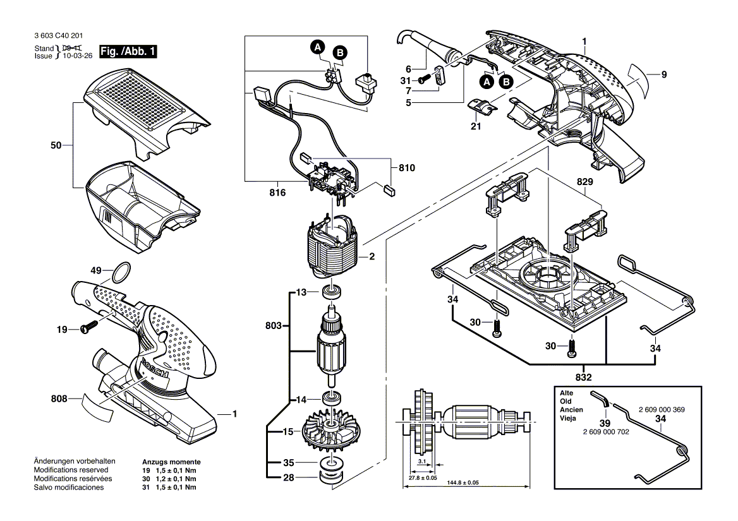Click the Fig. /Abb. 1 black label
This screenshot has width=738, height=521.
(128, 51)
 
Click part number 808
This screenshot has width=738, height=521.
(59, 398)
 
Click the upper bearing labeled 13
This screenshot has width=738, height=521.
(331, 292)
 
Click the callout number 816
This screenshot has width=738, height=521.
(277, 193)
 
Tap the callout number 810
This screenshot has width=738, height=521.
(407, 168)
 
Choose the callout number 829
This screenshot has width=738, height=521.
(584, 181)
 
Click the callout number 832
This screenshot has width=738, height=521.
(584, 377)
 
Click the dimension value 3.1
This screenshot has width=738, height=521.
(422, 461)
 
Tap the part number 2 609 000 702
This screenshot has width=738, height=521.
(606, 432)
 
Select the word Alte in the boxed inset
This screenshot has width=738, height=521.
(567, 393)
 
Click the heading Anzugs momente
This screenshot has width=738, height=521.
(171, 462)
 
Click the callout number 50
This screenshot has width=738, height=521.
(56, 146)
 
